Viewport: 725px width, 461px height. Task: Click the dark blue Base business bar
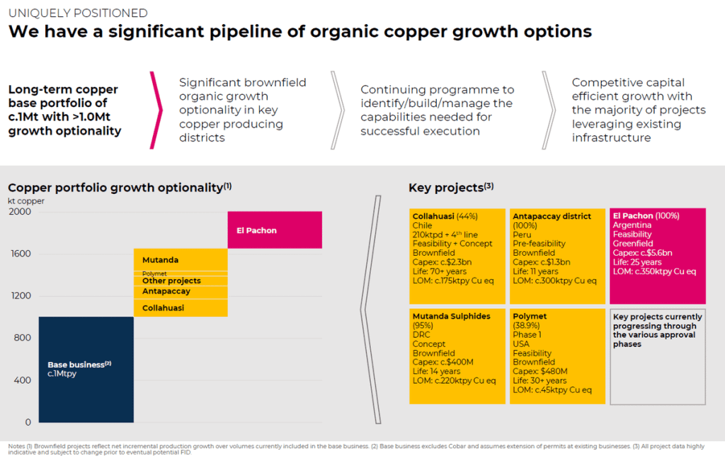click(x=86, y=369)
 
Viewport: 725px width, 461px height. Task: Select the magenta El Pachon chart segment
click(x=275, y=230)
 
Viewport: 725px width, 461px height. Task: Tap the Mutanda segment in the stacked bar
click(x=181, y=260)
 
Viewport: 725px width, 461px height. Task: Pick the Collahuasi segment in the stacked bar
click(x=181, y=308)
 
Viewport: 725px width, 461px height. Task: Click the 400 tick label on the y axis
click(x=23, y=380)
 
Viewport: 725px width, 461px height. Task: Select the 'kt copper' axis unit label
click(x=27, y=201)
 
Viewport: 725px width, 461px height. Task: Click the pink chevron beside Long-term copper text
click(x=156, y=110)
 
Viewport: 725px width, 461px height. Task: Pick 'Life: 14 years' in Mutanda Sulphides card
click(x=436, y=371)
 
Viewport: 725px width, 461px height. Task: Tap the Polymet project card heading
click(x=530, y=317)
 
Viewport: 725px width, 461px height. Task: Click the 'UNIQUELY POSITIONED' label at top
click(x=78, y=13)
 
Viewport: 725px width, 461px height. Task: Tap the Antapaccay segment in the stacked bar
click(x=181, y=292)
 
